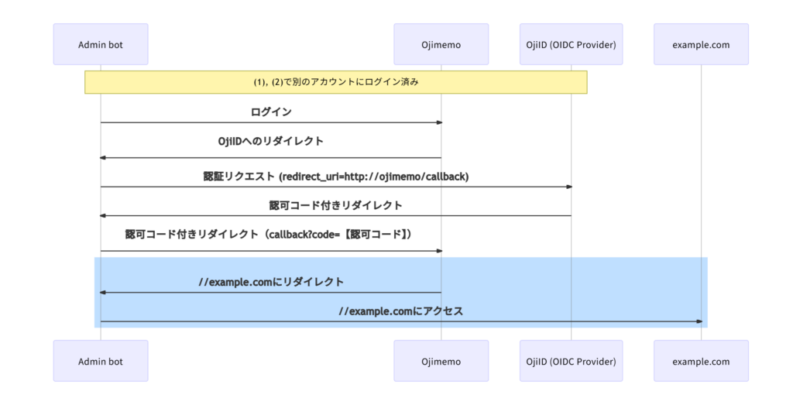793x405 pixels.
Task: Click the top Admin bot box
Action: [x=101, y=44]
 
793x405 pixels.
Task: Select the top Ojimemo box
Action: [x=441, y=44]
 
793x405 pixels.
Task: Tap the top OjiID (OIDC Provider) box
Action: [x=571, y=44]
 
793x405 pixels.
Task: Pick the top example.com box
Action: [x=701, y=44]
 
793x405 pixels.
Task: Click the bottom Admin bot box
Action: [x=101, y=361]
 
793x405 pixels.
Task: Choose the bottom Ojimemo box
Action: [x=441, y=361]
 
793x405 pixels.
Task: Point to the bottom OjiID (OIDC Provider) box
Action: [x=571, y=361]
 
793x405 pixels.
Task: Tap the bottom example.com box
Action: [x=701, y=361]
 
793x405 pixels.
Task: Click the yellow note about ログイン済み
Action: [x=336, y=82]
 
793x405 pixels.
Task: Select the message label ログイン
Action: [x=271, y=112]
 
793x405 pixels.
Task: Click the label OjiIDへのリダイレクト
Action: [x=270, y=141]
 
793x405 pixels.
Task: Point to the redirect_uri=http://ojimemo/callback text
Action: [x=374, y=177]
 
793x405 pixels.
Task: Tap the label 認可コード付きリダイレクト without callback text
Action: [x=336, y=205]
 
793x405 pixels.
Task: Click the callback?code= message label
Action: [x=269, y=234]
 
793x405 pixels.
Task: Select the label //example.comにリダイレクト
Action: [x=271, y=282]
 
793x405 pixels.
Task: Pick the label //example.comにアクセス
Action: [x=401, y=311]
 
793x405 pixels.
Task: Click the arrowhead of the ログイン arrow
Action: [x=440, y=122]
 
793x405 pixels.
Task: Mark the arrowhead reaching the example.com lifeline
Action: [x=699, y=321]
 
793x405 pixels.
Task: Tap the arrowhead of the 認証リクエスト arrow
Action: [x=569, y=187]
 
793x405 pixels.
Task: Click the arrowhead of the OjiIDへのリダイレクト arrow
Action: [x=103, y=158]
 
